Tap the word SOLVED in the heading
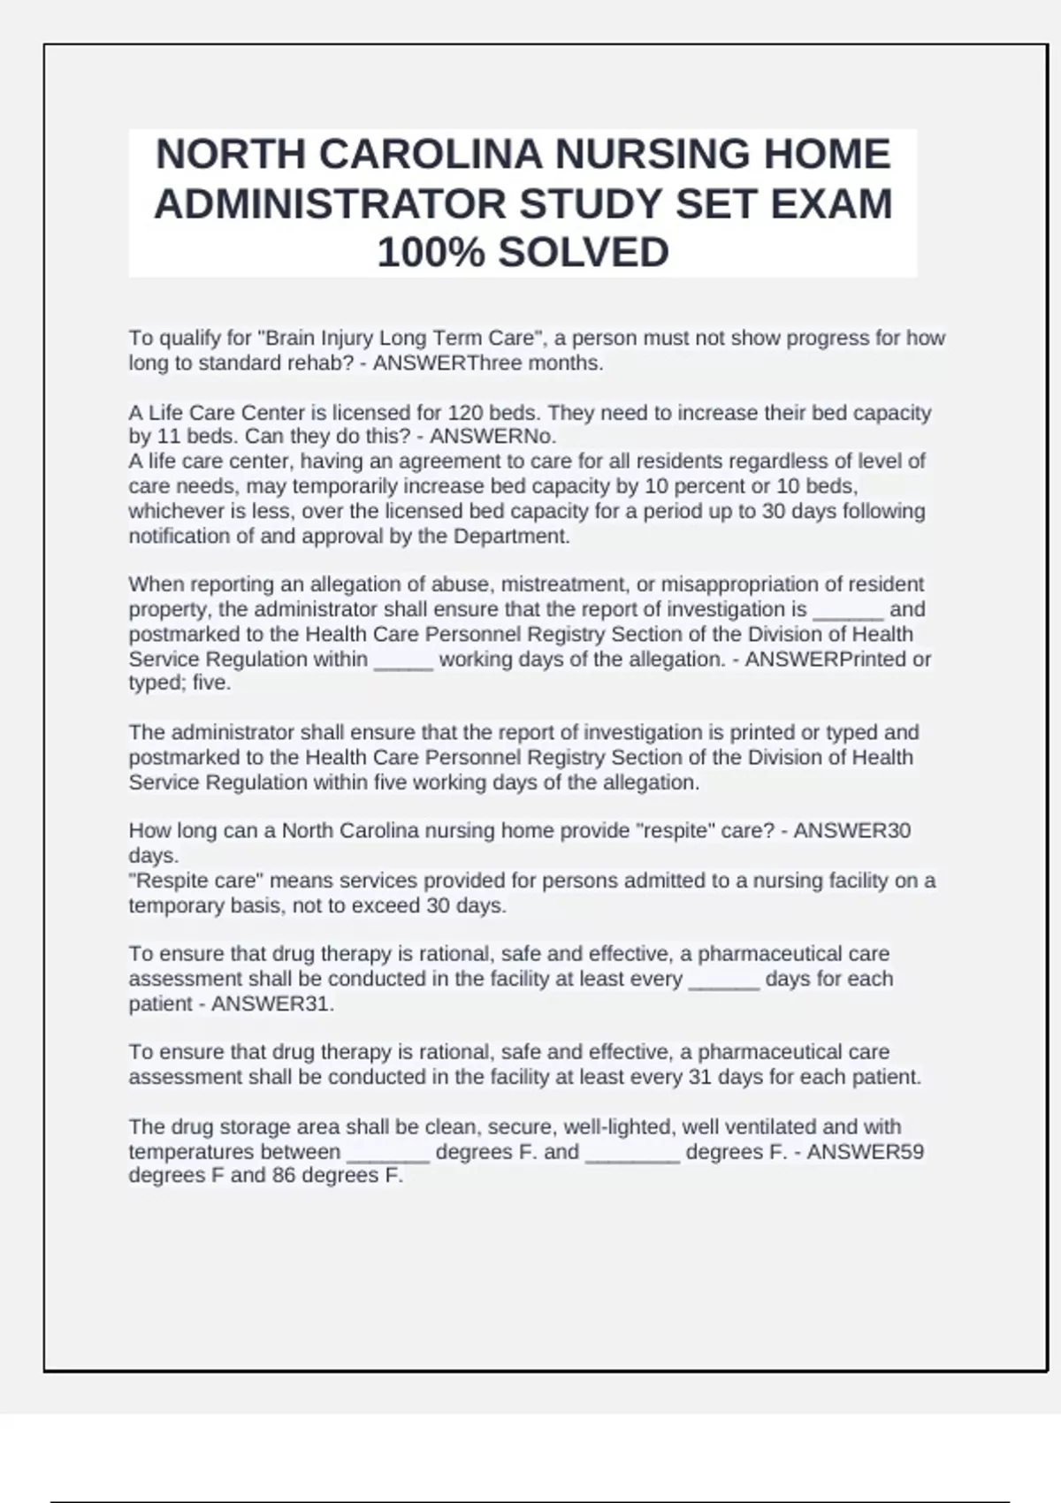click(x=583, y=253)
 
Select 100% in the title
click(x=431, y=253)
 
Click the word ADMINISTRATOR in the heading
click(x=331, y=204)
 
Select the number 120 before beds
click(x=464, y=413)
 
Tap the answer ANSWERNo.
click(x=492, y=437)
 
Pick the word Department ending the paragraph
click(x=511, y=537)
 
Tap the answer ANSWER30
click(x=851, y=831)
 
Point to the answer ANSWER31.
click(x=272, y=1004)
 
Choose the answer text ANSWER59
click(x=866, y=1152)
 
